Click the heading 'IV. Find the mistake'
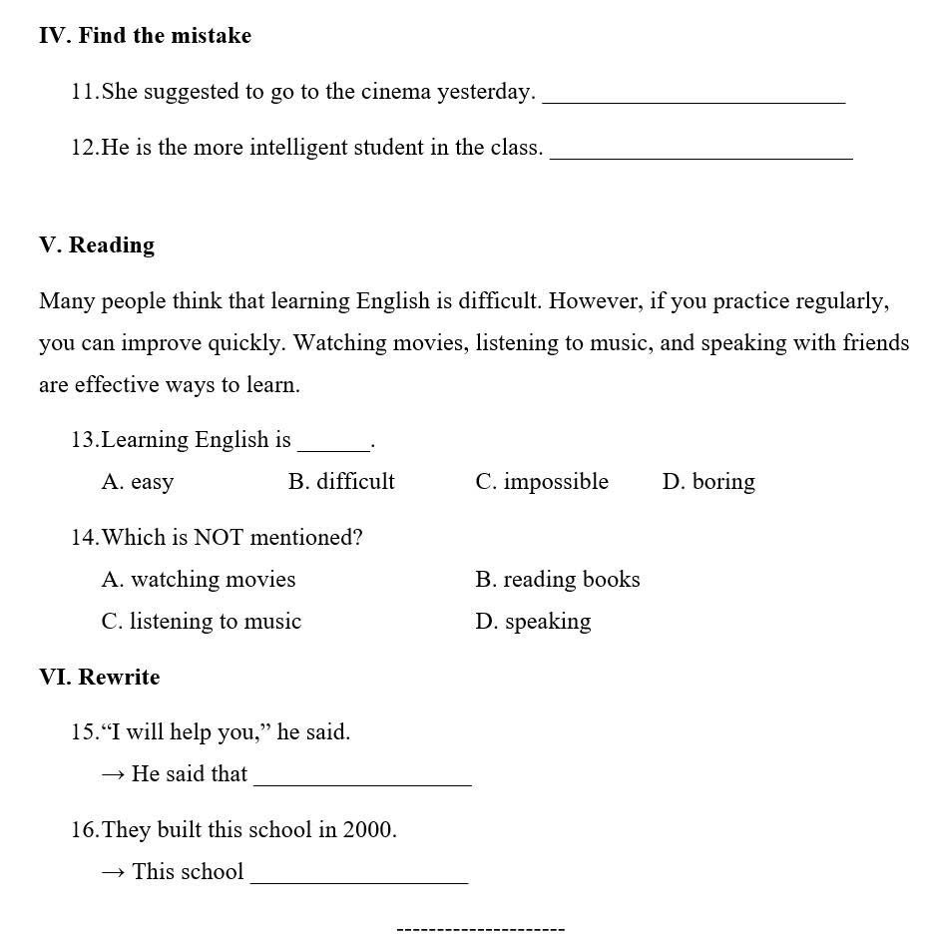145,36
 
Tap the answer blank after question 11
694,96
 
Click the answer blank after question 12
700,152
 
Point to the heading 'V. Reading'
97,245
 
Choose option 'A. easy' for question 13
138,482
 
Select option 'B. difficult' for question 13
341,482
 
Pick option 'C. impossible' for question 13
542,482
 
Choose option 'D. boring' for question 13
708,482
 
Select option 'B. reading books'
558,580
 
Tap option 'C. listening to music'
202,622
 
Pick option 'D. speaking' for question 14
533,622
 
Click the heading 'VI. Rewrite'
100,678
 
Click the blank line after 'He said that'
362,778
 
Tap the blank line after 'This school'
359,876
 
